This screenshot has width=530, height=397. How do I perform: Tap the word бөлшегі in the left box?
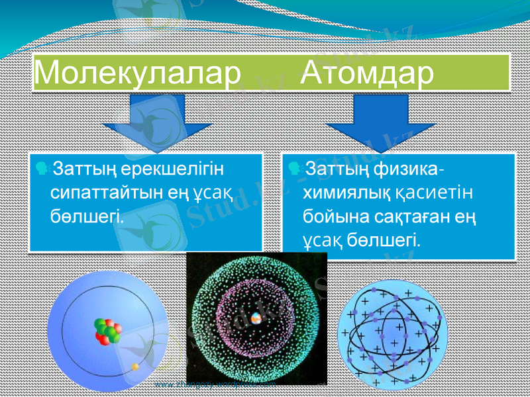[x=87, y=215]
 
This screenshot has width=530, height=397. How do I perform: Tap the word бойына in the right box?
[x=334, y=216]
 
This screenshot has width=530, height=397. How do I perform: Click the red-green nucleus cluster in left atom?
[x=107, y=331]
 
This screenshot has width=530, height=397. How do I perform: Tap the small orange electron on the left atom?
[x=135, y=366]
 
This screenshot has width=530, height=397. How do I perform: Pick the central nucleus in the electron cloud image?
[x=256, y=316]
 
